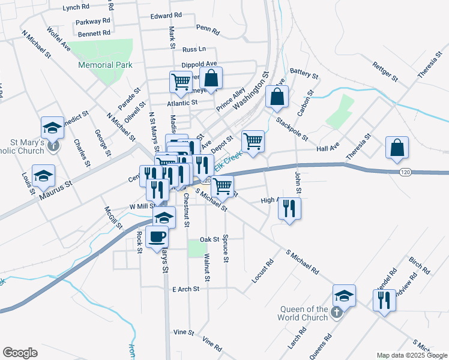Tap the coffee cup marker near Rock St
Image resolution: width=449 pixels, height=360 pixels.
point(157,236)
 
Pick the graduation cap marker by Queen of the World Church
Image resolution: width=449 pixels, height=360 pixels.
point(344,295)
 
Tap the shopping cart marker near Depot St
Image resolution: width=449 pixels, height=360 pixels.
point(253,142)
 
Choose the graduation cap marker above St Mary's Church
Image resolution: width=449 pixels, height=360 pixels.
point(52,127)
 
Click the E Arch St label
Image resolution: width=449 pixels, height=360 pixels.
point(186,289)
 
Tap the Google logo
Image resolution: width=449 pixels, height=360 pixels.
point(20,353)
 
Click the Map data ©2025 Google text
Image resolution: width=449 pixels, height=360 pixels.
point(411,355)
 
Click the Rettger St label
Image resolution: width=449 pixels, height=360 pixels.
point(385,71)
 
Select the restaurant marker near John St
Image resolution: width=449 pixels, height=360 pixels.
point(289,209)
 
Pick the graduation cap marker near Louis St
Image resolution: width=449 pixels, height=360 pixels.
point(43,175)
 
